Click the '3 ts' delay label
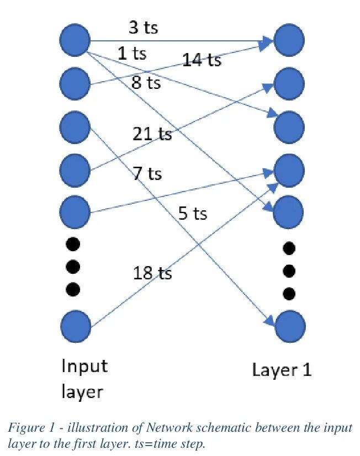point(144,28)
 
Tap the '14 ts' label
point(202,60)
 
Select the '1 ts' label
point(132,54)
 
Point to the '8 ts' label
point(146,83)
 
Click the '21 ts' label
point(152,134)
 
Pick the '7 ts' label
point(147,174)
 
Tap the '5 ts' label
point(193,213)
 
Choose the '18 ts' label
point(152,273)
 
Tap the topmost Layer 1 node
point(289,40)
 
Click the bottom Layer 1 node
point(289,327)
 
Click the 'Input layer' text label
point(84,379)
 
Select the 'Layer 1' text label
point(282,370)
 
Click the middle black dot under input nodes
point(73,267)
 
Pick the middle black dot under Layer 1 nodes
point(288,271)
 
